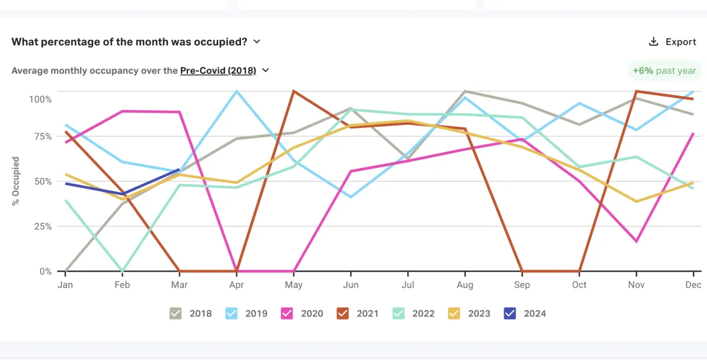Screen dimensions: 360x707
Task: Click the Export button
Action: pos(672,42)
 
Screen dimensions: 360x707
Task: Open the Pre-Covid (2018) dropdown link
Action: pos(218,71)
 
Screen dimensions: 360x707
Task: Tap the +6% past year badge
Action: pos(665,71)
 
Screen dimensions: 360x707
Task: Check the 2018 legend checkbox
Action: pos(176,313)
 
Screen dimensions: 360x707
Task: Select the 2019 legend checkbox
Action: pos(232,313)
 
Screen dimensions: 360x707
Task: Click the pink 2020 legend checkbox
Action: pos(287,313)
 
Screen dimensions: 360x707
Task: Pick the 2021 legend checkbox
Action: pos(343,313)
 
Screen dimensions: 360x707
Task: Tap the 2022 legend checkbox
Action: pos(399,313)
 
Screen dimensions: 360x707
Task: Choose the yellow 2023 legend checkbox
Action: pos(454,313)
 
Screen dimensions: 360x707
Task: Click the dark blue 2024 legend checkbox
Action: pos(510,313)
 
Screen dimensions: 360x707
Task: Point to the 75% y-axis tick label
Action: pos(41,136)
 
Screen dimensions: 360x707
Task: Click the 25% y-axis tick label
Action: pos(41,226)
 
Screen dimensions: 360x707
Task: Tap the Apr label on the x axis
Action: pos(236,285)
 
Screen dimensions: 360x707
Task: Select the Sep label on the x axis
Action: pos(522,285)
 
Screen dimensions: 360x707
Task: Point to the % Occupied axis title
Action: pos(16,181)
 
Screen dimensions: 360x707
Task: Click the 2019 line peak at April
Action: pos(236,91)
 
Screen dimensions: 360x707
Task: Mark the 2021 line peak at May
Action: pos(293,91)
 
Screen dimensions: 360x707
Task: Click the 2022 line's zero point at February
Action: pos(122,271)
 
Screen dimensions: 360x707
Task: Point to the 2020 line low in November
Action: pos(636,242)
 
